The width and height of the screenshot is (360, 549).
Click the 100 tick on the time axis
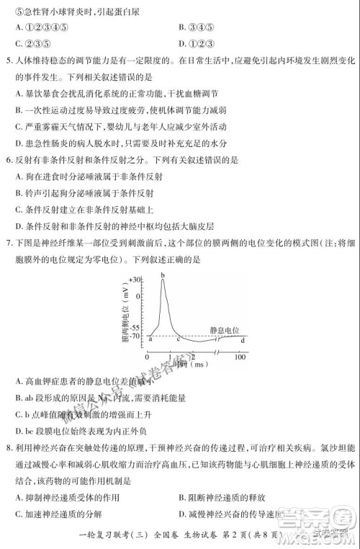(x=240, y=357)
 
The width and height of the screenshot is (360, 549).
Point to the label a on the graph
(x=150, y=336)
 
